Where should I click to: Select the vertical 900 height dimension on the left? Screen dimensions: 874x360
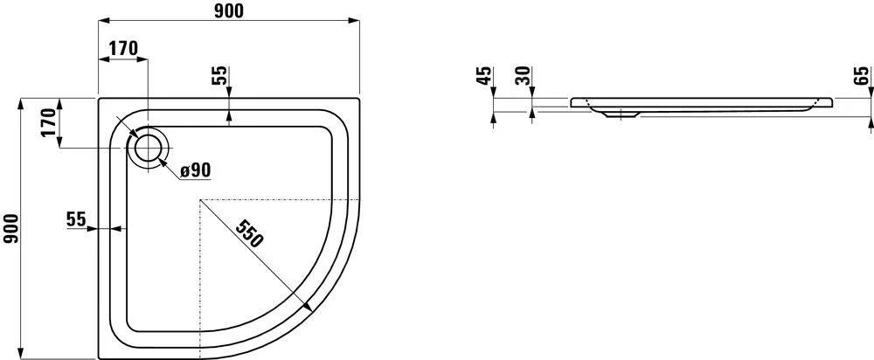pos(10,229)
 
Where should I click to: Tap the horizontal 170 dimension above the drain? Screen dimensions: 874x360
pos(122,48)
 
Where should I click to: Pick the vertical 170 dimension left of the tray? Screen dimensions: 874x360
pos(49,123)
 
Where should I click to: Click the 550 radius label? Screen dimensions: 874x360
pos(248,233)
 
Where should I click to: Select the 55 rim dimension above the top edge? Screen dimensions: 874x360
pos(220,75)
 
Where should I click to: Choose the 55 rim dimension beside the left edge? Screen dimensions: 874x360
pos(76,219)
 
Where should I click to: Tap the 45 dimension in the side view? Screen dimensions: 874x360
pos(485,75)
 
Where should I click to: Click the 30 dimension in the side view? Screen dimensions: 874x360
pos(524,75)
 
